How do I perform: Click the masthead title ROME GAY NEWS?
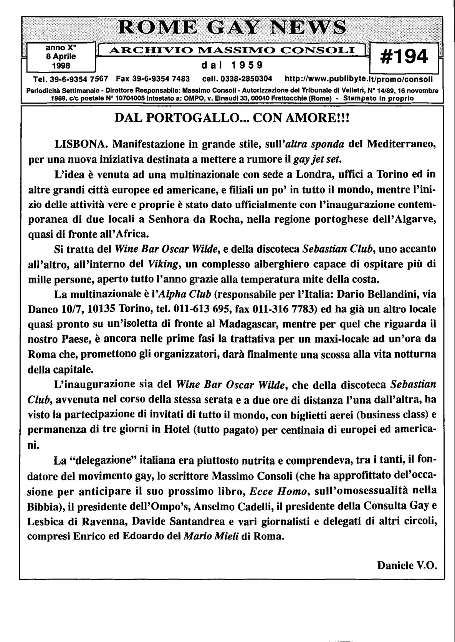point(232,28)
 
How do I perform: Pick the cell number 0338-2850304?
point(243,79)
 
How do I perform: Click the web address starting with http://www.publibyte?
point(359,79)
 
